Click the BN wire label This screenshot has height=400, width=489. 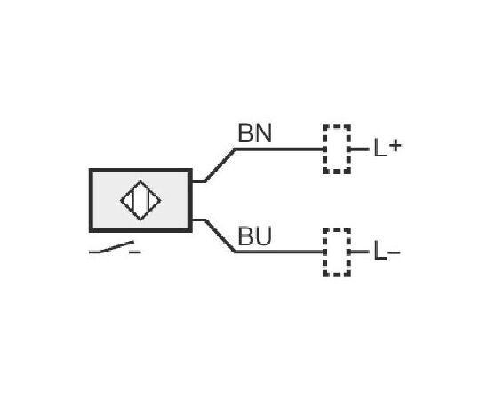pos(255,132)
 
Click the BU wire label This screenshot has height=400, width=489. pos(254,236)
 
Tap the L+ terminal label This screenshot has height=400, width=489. pos(388,148)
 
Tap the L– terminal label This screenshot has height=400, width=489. pos(387,251)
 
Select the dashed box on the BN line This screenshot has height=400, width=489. pos(324,149)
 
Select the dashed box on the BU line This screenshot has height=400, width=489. pos(324,252)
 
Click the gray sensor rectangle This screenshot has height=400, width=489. pos(140,201)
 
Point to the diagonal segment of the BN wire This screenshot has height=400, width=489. pos(220,165)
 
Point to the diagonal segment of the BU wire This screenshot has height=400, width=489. pos(220,236)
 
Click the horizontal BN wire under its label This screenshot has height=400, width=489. pos(279,149)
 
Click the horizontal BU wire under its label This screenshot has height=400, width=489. pos(279,252)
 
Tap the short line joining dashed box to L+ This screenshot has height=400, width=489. pos(360,149)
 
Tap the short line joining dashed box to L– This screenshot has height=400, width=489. pos(360,252)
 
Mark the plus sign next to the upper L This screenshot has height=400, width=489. pos(395,146)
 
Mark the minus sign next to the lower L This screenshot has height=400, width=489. pos(394,252)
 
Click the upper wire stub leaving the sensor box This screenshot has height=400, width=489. pos(198,180)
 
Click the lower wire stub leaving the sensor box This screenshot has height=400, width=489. pos(198,220)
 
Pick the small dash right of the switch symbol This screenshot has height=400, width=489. pos(135,252)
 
